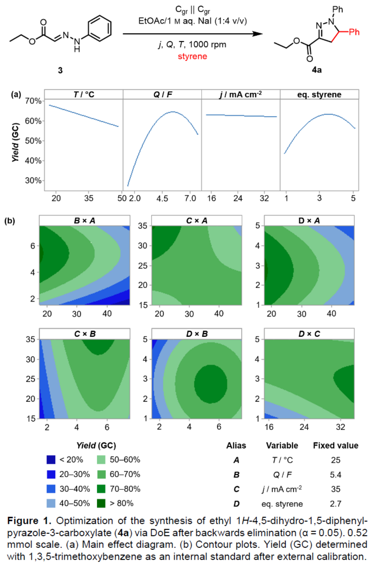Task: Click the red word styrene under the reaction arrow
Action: tap(192, 56)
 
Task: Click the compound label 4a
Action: tap(316, 70)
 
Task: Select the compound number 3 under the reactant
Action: tap(60, 70)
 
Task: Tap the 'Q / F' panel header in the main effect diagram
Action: tap(162, 94)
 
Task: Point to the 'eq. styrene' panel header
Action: tap(319, 94)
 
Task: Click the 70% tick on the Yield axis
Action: tap(33, 101)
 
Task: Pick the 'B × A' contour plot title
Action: tap(85, 221)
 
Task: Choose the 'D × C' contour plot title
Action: tap(309, 334)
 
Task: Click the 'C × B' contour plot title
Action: tap(85, 334)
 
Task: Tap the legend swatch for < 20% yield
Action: tap(51, 459)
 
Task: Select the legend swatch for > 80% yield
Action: tap(101, 503)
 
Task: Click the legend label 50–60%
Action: tap(125, 459)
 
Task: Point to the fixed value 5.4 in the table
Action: tap(335, 475)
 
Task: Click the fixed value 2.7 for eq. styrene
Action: tap(335, 504)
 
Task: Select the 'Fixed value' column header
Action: tap(335, 446)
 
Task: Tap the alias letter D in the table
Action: tap(236, 504)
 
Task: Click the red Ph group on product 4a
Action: tap(354, 32)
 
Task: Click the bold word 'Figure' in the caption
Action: tap(23, 521)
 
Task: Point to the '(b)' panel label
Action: tap(10, 221)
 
